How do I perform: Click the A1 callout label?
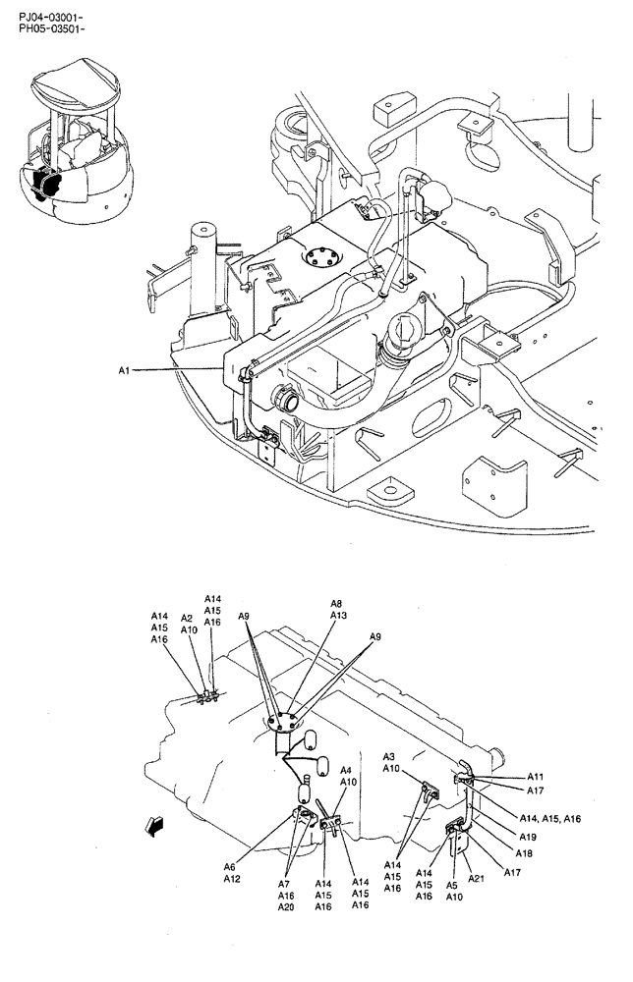[124, 370]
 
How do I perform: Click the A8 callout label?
[336, 603]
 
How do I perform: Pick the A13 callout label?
[338, 616]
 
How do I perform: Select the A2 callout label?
[187, 618]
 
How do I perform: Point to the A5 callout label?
[452, 884]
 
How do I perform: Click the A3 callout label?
[389, 756]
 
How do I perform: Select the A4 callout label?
[346, 771]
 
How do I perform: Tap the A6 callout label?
[229, 866]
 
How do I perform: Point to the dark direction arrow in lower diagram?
[152, 826]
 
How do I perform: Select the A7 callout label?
[285, 884]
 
